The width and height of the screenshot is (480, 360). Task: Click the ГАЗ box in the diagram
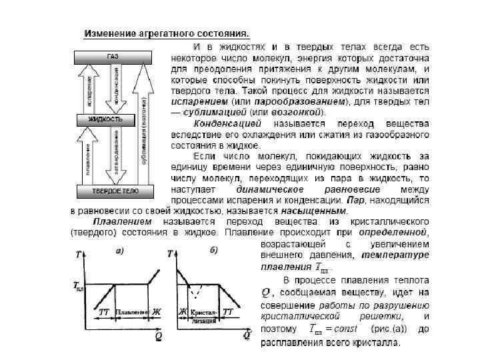pos(112,57)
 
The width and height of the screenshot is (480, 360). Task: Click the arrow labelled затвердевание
pos(117,155)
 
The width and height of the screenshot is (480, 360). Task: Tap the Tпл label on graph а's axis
pos(79,286)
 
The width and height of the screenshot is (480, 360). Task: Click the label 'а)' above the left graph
pos(119,251)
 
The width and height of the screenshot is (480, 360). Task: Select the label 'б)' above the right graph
pos(213,251)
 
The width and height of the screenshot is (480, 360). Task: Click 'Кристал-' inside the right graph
pos(204,311)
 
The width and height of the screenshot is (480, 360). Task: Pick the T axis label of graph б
pos(171,254)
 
